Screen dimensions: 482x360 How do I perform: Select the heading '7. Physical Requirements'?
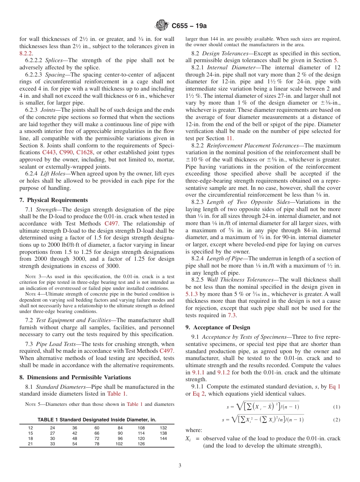tap(53, 200)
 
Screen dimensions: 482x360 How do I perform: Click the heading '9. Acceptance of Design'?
tap(218, 327)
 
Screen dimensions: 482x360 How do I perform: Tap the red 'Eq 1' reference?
tap(334, 387)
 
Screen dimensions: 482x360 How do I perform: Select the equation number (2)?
tap(337, 420)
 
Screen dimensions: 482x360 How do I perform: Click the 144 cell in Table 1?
tap(163, 438)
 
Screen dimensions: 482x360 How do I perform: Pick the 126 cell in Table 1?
tap(141, 444)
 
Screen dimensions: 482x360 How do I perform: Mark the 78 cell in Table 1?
tap(97, 444)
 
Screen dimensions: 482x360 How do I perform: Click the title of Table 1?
tap(97, 420)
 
